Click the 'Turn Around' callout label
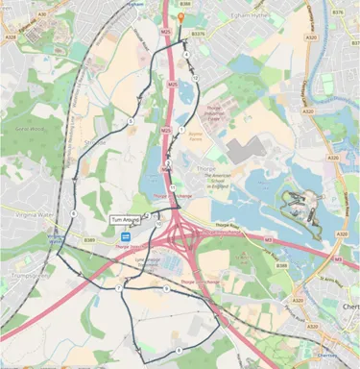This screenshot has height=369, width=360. click(125, 220)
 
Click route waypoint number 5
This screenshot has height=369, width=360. click(132, 121)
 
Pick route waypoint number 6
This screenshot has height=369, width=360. click(74, 213)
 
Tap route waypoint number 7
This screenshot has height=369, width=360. click(119, 287)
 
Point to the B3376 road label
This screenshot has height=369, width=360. click(198, 32)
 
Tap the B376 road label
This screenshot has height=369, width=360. click(337, 12)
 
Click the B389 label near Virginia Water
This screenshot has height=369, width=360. click(89, 239)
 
